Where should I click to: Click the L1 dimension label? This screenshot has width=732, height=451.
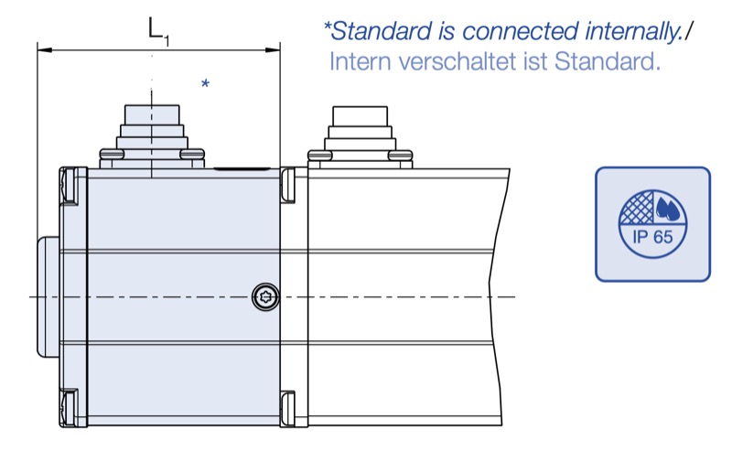(158, 31)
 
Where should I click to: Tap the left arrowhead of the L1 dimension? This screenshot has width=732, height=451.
(44, 49)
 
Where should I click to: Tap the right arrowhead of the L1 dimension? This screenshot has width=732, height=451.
(273, 49)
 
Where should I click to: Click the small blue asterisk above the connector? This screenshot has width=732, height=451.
(205, 84)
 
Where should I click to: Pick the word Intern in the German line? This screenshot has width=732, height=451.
(360, 61)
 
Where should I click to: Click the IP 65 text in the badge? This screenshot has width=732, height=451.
(652, 237)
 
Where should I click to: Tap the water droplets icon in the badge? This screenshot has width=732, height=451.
(668, 208)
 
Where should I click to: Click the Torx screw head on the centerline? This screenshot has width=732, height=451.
(265, 296)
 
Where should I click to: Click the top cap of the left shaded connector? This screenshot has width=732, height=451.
(152, 114)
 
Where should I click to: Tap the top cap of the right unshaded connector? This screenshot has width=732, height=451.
(360, 116)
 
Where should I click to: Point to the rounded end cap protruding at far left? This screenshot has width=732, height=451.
(48, 297)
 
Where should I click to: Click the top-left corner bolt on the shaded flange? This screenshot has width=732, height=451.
(70, 186)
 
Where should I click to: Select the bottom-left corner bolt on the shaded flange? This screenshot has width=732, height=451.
(70, 407)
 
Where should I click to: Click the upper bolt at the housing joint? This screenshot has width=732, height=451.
(288, 186)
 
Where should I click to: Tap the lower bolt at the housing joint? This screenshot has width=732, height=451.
(288, 408)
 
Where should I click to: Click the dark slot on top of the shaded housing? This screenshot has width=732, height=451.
(242, 168)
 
